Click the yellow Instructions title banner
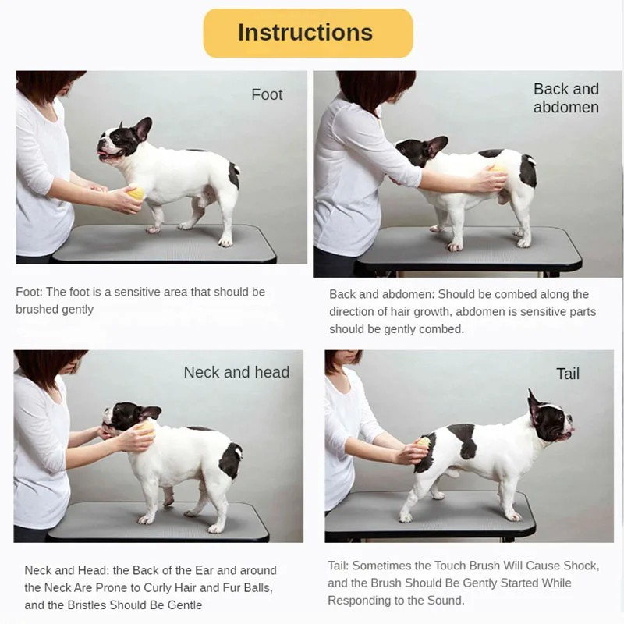[x=307, y=33]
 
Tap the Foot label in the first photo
[x=267, y=94]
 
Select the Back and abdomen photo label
[x=565, y=98]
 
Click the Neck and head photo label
[x=236, y=372]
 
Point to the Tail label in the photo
[x=567, y=374]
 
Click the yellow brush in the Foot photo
[x=136, y=193]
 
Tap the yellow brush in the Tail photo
[x=423, y=444]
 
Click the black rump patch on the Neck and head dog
[x=231, y=460]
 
